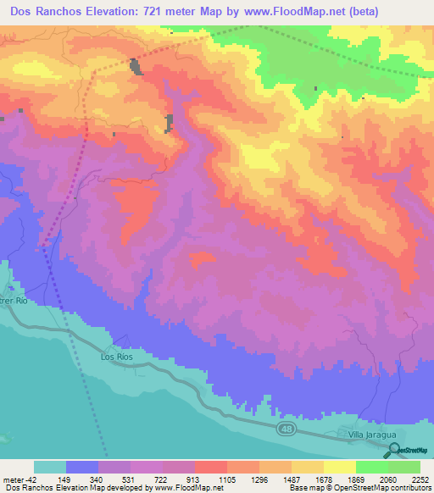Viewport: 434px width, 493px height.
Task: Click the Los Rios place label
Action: pos(117,357)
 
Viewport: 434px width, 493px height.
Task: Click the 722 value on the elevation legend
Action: pos(162,479)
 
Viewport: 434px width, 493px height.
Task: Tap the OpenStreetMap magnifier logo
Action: pos(392,450)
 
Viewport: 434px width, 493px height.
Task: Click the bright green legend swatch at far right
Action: pos(404,467)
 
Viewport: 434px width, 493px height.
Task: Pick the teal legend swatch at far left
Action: pos(50,467)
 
